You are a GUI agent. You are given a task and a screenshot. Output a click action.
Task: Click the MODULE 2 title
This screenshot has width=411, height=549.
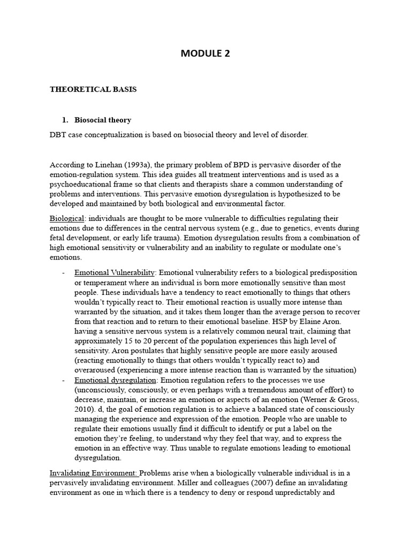tap(205, 53)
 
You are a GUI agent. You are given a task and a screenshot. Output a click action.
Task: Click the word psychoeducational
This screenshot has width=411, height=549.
tap(81, 184)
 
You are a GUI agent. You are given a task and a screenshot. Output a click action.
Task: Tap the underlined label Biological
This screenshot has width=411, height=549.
tap(67, 219)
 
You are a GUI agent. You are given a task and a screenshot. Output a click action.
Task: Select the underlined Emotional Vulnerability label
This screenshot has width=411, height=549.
tap(115, 272)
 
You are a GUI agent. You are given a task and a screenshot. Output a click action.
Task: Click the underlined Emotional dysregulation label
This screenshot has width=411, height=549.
tap(115, 380)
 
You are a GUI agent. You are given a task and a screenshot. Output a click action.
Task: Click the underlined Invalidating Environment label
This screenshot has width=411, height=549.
tap(93, 473)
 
